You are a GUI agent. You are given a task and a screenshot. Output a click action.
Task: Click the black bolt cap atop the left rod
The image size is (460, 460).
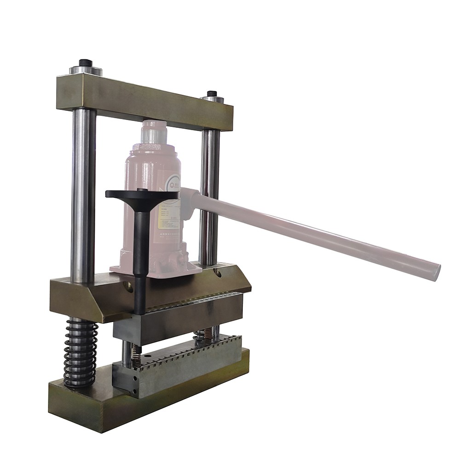pyautogui.click(x=85, y=63)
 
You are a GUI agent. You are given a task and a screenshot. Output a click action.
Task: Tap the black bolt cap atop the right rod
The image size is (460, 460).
pyautogui.click(x=212, y=94)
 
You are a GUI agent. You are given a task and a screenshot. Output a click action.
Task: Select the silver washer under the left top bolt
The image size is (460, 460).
pyautogui.click(x=86, y=71)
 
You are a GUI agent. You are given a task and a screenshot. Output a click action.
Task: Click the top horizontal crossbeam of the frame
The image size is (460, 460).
pyautogui.click(x=144, y=103)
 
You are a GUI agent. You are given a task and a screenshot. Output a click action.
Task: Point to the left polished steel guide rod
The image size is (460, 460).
pyautogui.click(x=83, y=193)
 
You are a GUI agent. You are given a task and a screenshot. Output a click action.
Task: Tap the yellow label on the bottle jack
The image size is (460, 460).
pyautogui.click(x=168, y=216)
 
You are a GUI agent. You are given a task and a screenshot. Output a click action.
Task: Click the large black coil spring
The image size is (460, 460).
pyautogui.click(x=81, y=352)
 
